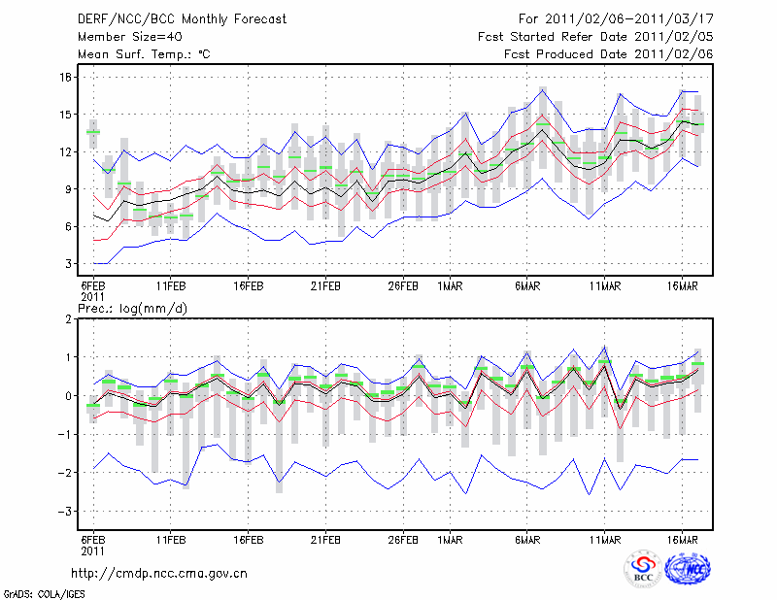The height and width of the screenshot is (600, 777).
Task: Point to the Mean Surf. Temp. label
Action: pos(143,54)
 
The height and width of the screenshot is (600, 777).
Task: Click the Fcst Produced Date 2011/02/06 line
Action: pos(608,54)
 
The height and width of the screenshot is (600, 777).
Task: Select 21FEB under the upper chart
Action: pos(325,286)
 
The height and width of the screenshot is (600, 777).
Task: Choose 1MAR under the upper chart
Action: pos(450,286)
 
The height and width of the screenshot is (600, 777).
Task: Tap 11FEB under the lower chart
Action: pos(171,537)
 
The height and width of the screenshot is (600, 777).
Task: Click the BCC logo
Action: pos(642,570)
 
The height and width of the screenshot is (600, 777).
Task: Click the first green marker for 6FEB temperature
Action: pos(93,132)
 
